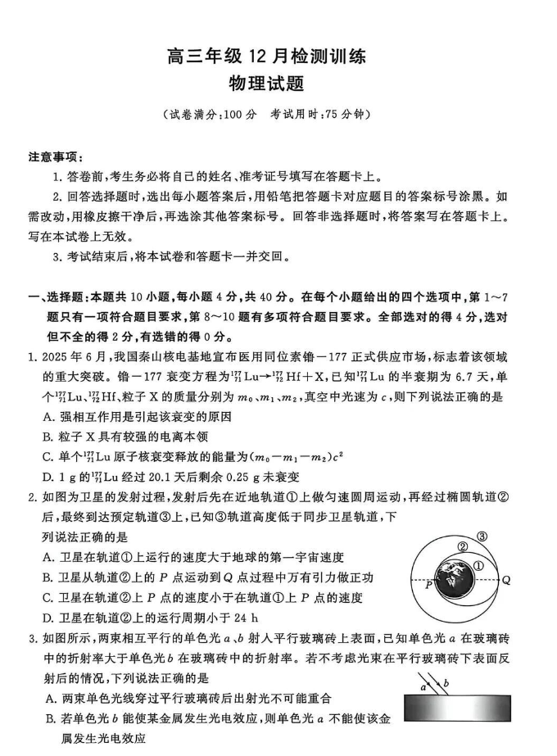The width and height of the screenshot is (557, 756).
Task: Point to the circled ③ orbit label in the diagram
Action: pyautogui.click(x=505, y=537)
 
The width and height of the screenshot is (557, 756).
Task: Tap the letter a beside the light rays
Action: pyautogui.click(x=423, y=686)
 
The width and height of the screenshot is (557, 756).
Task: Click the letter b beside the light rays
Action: pyautogui.click(x=446, y=682)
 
